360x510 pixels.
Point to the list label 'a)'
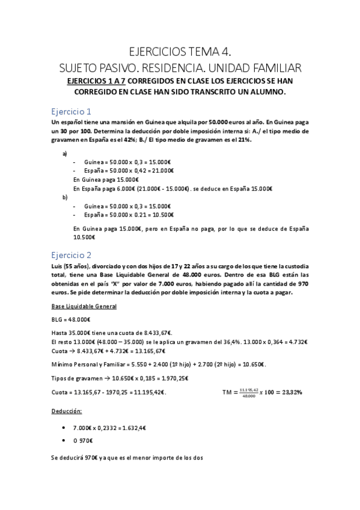click(65, 153)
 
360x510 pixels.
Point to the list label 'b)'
click(65, 197)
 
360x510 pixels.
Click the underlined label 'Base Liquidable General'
click(84, 307)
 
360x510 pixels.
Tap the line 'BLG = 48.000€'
click(71, 319)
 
